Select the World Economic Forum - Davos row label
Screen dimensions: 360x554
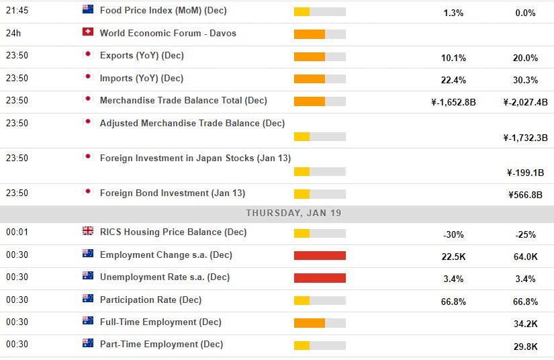tap(168, 33)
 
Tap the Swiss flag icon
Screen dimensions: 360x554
tap(87, 32)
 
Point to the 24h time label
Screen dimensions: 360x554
tap(13, 33)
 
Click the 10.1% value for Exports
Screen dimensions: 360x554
tap(453, 58)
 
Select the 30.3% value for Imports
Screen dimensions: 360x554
tap(525, 81)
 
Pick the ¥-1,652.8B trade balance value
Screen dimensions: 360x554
tap(453, 103)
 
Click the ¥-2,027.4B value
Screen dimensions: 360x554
tap(525, 103)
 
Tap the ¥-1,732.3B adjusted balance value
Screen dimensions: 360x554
tap(525, 138)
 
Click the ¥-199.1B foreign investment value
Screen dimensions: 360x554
tap(525, 173)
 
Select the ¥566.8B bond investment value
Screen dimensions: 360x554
tap(525, 195)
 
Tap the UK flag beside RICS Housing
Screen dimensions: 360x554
tap(87, 231)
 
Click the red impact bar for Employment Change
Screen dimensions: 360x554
tap(320, 256)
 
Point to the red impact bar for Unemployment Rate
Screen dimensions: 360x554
tap(320, 278)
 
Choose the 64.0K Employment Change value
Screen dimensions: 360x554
tap(525, 257)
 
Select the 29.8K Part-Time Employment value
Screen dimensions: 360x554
tap(525, 347)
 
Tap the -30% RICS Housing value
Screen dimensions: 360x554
tap(453, 234)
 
